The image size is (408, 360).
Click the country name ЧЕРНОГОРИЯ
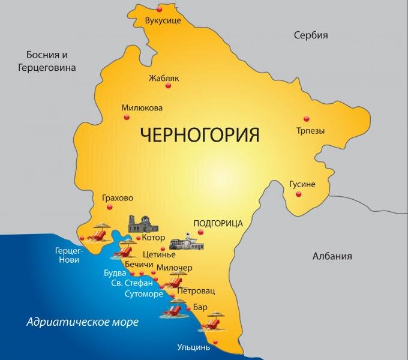pos(200,133)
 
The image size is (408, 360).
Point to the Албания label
pos(332,256)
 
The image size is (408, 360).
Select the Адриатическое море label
pos(83,322)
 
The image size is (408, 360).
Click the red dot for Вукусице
pos(160,10)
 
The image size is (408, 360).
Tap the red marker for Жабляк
pos(169,86)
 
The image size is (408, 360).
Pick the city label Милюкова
pos(142,108)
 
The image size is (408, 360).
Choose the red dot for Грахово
pos(109,207)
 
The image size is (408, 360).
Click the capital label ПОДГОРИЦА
pos(218,223)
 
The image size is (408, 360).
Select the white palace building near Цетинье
pos(188,242)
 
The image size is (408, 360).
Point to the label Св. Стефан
pos(136,283)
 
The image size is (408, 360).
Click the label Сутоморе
pos(145,295)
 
